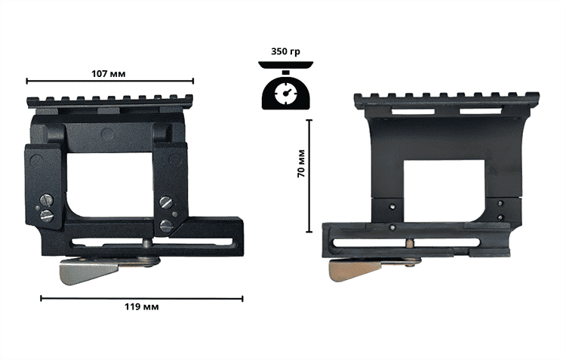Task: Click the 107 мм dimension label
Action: coord(109,74)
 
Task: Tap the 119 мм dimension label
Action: coord(142,307)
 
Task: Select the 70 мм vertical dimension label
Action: coord(301,164)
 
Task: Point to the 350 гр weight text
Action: coord(285,51)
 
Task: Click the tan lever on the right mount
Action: coord(355,271)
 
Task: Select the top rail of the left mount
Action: coord(110,101)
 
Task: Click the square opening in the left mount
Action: coord(110,185)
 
